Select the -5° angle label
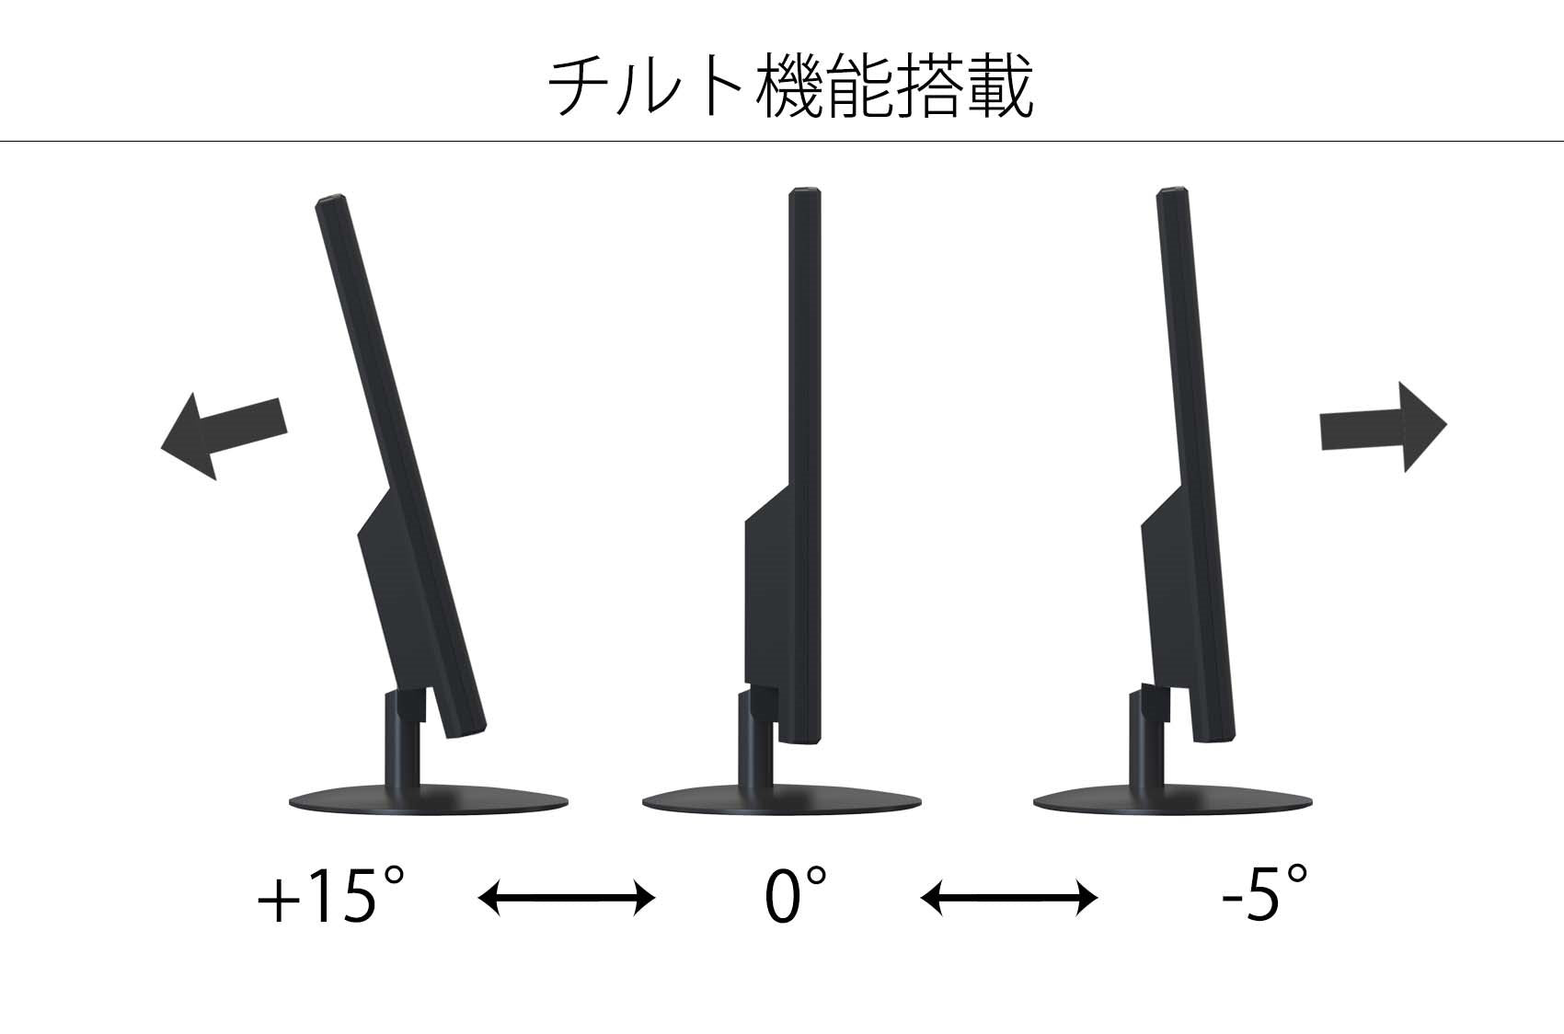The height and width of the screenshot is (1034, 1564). click(x=1264, y=895)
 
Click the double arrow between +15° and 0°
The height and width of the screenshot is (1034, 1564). click(x=566, y=897)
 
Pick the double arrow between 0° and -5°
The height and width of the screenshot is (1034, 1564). click(x=1009, y=897)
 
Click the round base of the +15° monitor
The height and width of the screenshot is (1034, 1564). click(x=426, y=799)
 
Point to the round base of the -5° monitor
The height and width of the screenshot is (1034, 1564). click(x=1171, y=800)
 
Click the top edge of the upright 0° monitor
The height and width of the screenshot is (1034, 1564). click(x=804, y=192)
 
